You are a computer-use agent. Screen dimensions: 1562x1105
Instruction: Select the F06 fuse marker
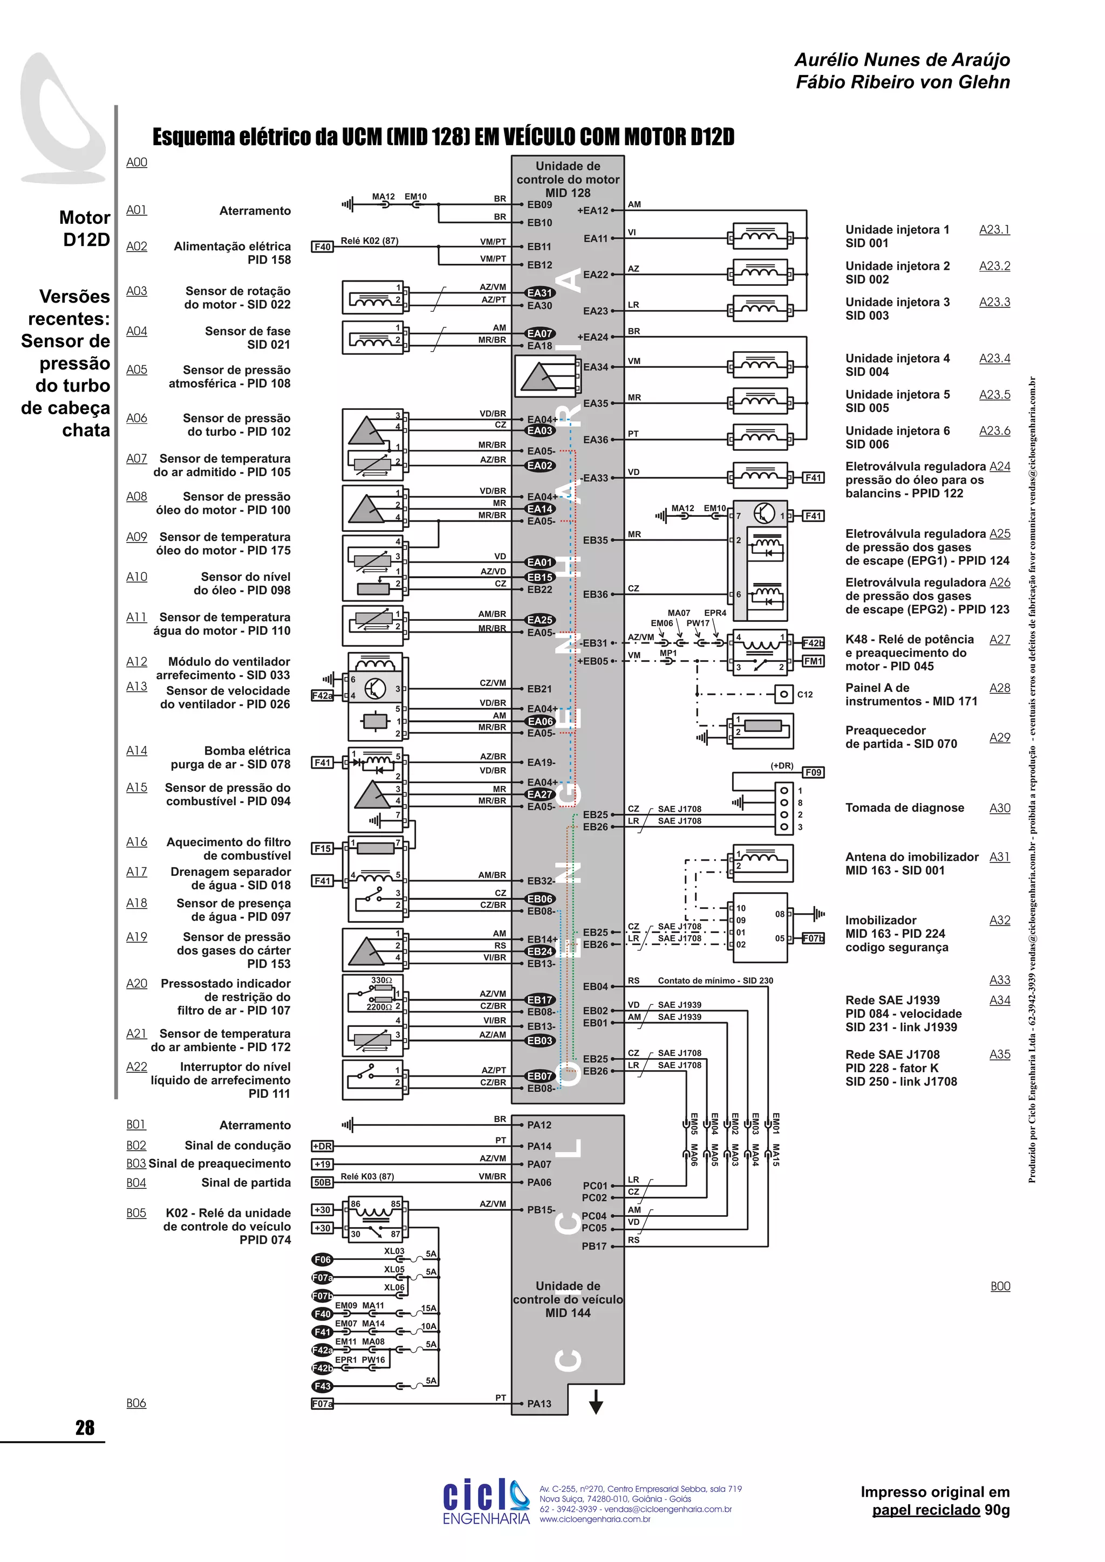322,1259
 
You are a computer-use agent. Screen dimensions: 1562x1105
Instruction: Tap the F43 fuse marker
322,1386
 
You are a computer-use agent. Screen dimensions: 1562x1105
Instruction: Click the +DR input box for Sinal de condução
322,1146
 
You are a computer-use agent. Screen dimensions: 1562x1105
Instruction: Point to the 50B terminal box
322,1182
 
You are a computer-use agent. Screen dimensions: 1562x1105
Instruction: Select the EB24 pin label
540,951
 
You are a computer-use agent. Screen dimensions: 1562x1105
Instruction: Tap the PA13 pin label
539,1403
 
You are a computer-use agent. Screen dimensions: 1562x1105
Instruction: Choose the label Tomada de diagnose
904,807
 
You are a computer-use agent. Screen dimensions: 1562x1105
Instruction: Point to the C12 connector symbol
784,694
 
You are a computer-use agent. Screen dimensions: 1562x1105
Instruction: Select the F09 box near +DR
813,772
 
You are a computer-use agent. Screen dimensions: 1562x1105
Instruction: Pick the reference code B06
136,1403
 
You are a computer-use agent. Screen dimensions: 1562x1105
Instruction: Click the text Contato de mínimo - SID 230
715,981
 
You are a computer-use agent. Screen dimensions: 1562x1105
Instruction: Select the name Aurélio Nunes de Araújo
902,60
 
